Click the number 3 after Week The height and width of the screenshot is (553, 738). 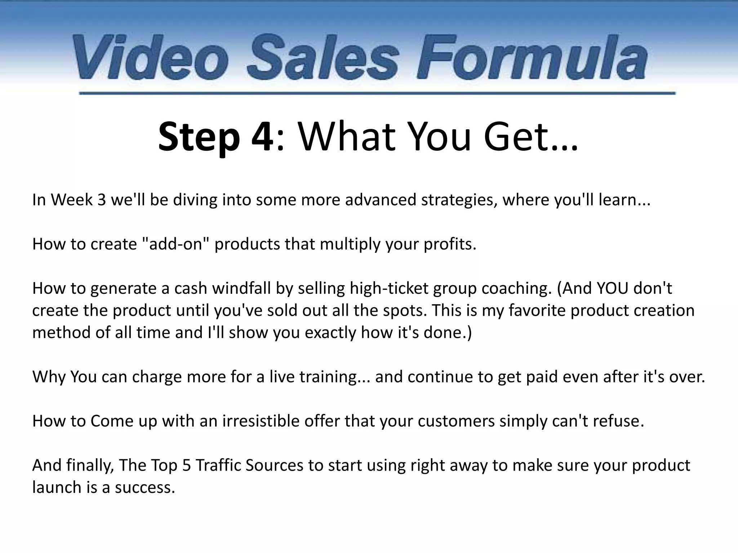pyautogui.click(x=102, y=200)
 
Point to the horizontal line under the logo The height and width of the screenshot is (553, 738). pyautogui.click(x=377, y=93)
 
